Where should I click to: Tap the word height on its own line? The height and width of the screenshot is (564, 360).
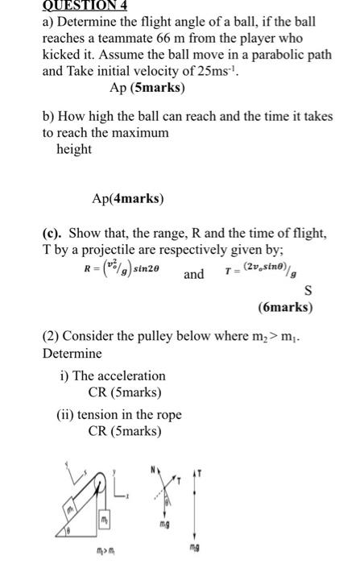pos(73,148)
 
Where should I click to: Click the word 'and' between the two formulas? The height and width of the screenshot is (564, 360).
pos(194,274)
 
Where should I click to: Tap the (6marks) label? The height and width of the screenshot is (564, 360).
pos(286,307)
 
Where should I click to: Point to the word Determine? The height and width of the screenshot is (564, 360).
pos(72,354)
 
